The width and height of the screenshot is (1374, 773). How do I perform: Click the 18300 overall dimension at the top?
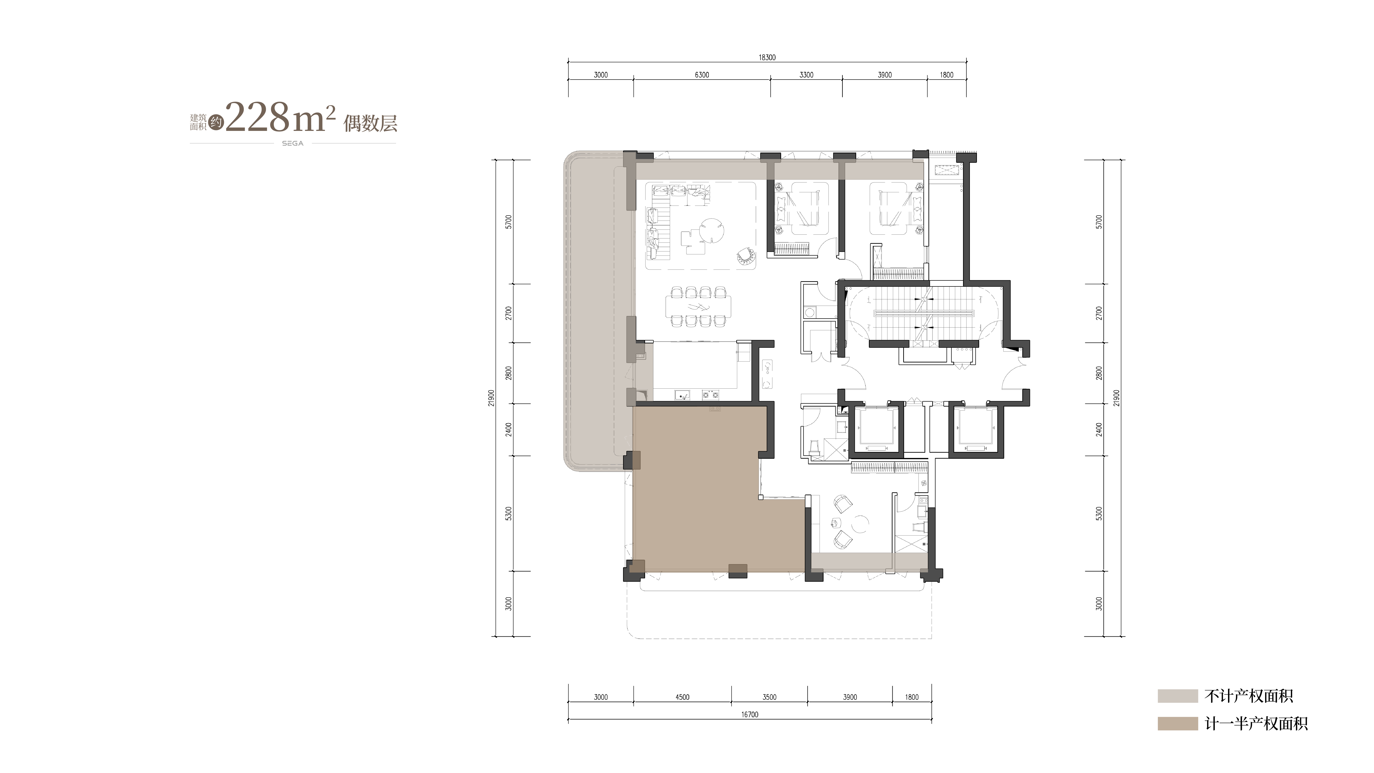pyautogui.click(x=767, y=58)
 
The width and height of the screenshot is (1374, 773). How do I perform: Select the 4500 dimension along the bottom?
pyautogui.click(x=682, y=697)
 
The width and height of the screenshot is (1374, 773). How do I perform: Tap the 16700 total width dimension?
pyautogui.click(x=749, y=715)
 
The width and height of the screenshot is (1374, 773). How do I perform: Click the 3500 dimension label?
pyautogui.click(x=769, y=697)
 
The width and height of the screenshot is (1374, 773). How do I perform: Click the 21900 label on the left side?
pyautogui.click(x=491, y=398)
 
